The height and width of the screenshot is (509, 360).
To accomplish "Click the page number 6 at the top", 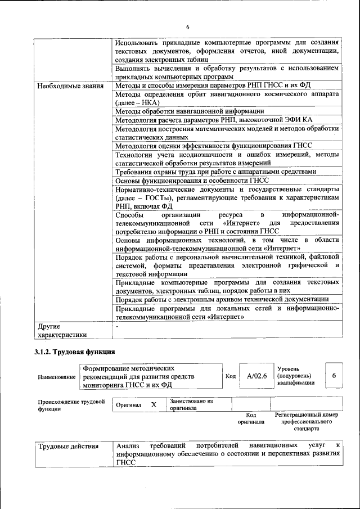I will pyautogui.click(x=188, y=28).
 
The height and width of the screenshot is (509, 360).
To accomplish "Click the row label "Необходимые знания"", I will pyautogui.click(x=70, y=86).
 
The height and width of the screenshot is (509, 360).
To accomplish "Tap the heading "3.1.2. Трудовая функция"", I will pyautogui.click(x=74, y=352).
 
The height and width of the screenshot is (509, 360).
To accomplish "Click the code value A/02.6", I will pyautogui.click(x=255, y=376).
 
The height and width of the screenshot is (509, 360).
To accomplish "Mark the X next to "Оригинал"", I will pyautogui.click(x=154, y=404).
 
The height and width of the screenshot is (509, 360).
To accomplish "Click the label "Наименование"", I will pyautogui.click(x=56, y=377).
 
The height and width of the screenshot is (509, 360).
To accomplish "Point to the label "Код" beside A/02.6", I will pyautogui.click(x=230, y=376).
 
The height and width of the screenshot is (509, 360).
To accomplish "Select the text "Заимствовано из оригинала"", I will pyautogui.click(x=191, y=405).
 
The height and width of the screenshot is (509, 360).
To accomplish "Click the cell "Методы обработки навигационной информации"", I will pyautogui.click(x=190, y=111).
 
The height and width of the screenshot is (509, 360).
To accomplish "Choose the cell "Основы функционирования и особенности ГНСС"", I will pyautogui.click(x=192, y=181).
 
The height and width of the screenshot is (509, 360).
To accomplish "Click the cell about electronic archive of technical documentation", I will pyautogui.click(x=222, y=299).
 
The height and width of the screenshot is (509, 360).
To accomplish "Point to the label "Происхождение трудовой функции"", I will pyautogui.click(x=71, y=405).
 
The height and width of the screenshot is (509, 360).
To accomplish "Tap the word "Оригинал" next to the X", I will pyautogui.click(x=129, y=405).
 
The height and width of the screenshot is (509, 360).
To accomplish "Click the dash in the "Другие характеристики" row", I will pyautogui.click(x=117, y=326).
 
